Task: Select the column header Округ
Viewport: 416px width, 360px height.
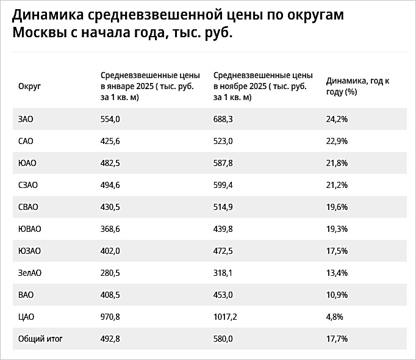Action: pyautogui.click(x=30, y=87)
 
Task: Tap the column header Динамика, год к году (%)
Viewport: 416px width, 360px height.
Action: pyautogui.click(x=357, y=86)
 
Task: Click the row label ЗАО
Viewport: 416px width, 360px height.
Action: pyautogui.click(x=26, y=119)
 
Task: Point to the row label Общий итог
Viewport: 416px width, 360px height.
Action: pyautogui.click(x=40, y=339)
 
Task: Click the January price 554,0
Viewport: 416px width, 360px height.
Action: pyautogui.click(x=110, y=119)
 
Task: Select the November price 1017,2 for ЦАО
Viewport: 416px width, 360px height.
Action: pyautogui.click(x=227, y=317)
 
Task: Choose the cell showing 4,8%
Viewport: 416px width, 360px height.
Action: pyautogui.click(x=335, y=317)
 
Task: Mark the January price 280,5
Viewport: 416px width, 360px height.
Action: pyautogui.click(x=110, y=273)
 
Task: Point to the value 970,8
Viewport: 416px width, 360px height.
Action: pyautogui.click(x=110, y=317)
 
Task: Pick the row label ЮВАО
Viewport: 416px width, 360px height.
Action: pyautogui.click(x=30, y=229)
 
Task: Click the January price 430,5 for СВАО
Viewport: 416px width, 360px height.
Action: pyautogui.click(x=110, y=207)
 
